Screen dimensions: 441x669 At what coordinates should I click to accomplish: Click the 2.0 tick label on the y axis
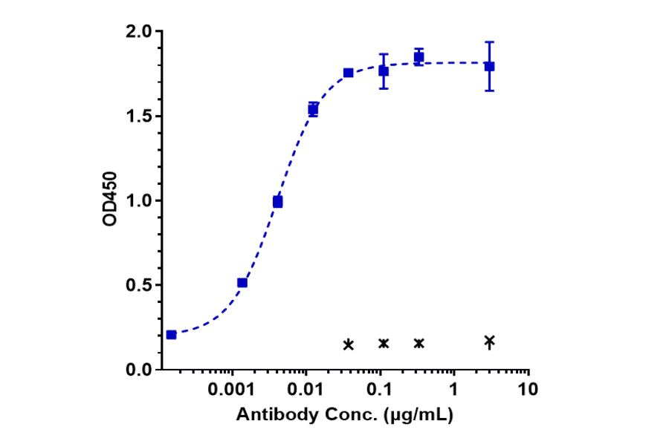click(140, 32)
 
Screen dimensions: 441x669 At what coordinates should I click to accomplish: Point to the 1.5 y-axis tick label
click(140, 117)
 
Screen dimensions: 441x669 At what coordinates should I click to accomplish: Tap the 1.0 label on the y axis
click(140, 200)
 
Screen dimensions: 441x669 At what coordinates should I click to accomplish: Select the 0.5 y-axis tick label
click(140, 285)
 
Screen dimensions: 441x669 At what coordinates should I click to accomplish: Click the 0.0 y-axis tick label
click(140, 370)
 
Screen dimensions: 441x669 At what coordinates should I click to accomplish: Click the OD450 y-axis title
click(110, 200)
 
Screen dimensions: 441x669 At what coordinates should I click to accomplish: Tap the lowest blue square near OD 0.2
click(172, 335)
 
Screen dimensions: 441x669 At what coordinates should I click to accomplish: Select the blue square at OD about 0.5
click(242, 283)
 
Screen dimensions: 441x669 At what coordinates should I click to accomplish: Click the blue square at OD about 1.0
click(278, 202)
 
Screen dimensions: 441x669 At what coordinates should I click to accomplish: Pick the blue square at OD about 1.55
click(313, 110)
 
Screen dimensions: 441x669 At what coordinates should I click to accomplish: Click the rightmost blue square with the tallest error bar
click(489, 66)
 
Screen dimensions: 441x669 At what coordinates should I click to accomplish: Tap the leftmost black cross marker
click(349, 344)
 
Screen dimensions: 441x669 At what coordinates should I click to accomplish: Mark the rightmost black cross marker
click(489, 342)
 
